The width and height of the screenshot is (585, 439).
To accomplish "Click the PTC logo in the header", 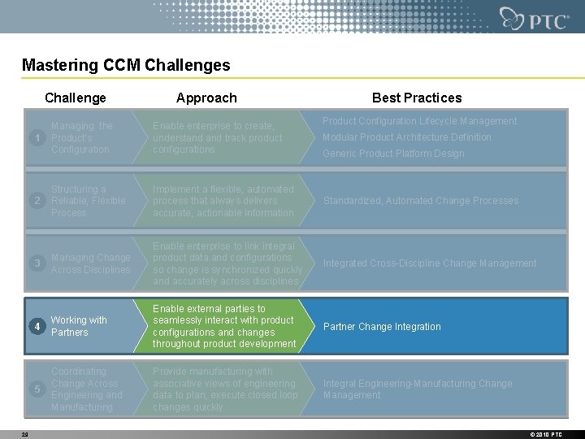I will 535,19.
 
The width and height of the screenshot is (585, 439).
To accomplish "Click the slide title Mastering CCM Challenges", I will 126,65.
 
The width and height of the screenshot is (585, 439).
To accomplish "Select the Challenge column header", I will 76,98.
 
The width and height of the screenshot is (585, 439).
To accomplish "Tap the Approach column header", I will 206,98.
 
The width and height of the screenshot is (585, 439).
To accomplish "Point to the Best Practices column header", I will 416,98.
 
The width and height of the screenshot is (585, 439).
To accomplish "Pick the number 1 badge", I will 37,138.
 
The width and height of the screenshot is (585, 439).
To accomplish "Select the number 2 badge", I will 37,201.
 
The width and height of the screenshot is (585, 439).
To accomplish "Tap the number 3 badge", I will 37,263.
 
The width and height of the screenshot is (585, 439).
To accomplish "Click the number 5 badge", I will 37,389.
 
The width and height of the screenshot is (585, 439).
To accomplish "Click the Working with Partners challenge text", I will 79,326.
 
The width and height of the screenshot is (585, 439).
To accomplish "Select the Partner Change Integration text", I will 382,327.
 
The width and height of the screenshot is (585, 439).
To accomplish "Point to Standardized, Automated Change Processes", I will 420,201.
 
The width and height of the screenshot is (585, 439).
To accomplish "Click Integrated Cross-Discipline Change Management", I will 430,263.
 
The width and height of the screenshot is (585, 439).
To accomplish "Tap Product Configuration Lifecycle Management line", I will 419,121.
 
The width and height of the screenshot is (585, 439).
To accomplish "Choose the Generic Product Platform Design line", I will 393,154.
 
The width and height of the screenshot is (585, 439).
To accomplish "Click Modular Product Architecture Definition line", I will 406,137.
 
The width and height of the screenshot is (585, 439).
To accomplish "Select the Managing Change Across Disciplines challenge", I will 90,263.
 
